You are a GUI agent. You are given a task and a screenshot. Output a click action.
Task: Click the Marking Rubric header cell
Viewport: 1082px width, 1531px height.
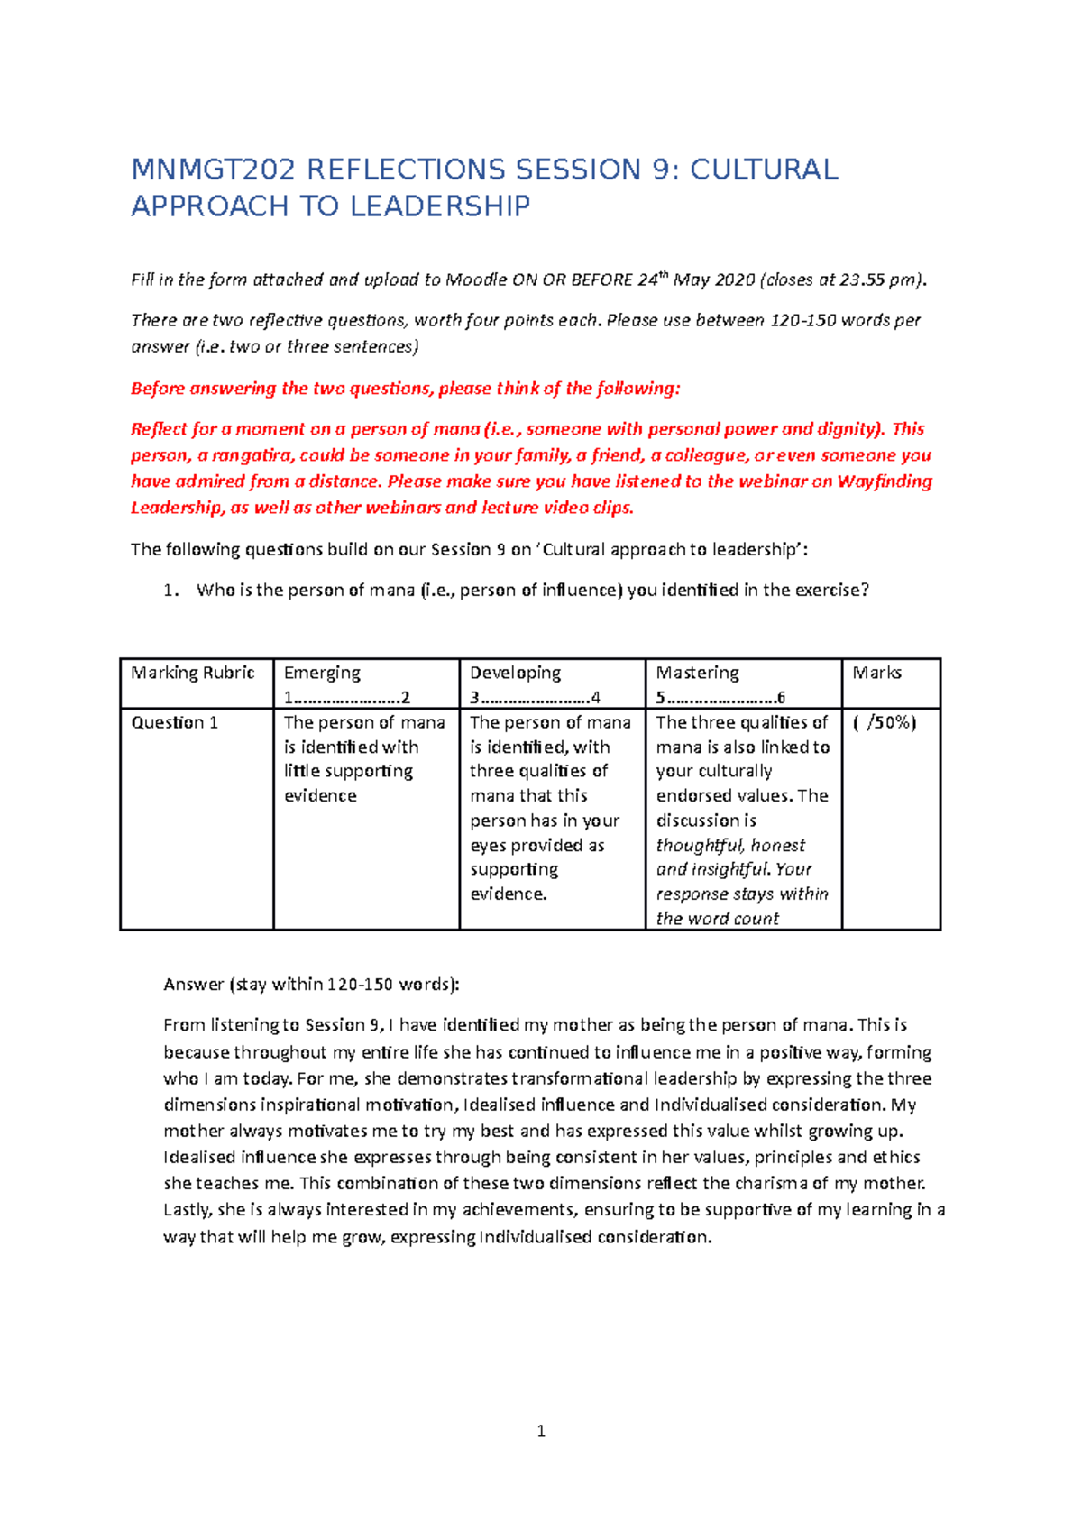(x=193, y=673)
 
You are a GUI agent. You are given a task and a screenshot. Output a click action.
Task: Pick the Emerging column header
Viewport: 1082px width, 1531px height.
(x=322, y=673)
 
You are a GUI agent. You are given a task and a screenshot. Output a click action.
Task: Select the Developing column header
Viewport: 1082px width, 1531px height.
(x=515, y=673)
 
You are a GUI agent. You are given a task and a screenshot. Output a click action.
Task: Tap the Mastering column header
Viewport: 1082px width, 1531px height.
(x=697, y=673)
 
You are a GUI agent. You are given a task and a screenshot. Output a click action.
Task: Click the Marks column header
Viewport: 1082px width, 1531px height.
(x=876, y=673)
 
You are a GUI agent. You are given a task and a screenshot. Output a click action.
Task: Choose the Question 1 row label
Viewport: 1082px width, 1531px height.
(x=175, y=722)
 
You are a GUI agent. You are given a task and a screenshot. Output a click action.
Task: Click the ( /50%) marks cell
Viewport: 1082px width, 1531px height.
(x=884, y=722)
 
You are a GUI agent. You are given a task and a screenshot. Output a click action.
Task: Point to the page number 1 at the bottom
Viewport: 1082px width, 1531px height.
(x=541, y=1431)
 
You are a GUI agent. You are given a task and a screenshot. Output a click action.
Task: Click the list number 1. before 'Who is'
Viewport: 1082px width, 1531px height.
(x=171, y=591)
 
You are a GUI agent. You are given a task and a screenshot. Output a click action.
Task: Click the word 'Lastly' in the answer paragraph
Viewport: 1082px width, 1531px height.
(x=188, y=1210)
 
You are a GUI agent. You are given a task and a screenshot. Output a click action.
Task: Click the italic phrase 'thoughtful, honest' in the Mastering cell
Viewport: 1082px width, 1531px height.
(x=730, y=846)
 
